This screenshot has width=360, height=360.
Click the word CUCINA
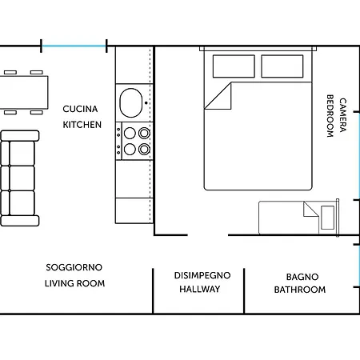click(x=80, y=109)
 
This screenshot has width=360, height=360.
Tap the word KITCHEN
click(x=82, y=125)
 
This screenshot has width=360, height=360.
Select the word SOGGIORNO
click(x=74, y=267)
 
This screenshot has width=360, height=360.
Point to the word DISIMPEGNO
click(x=202, y=275)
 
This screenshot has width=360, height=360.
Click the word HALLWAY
click(x=200, y=289)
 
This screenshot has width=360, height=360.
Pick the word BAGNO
click(x=302, y=277)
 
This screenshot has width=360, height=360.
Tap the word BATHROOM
click(x=300, y=290)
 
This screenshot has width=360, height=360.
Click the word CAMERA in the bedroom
click(x=343, y=115)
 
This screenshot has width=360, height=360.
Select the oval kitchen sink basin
click(x=131, y=102)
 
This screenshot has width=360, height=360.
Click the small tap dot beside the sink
click(x=146, y=102)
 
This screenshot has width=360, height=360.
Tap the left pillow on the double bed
click(x=234, y=66)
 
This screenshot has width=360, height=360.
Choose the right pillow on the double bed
click(x=282, y=66)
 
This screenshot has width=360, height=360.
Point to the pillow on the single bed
click(x=328, y=218)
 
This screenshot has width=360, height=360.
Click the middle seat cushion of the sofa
click(x=22, y=178)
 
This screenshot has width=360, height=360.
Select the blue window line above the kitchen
click(x=74, y=46)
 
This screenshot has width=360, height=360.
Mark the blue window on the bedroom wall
click(x=359, y=156)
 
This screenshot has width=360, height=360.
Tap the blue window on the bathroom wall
click(x=359, y=266)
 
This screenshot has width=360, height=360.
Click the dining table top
click(x=23, y=92)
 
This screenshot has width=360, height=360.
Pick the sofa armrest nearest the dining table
click(x=20, y=136)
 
